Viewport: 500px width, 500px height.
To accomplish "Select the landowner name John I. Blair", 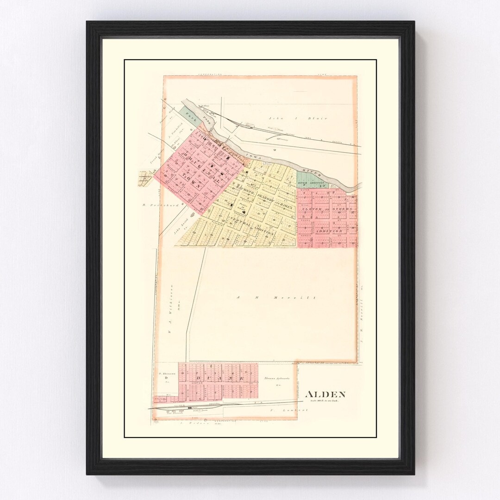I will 311,119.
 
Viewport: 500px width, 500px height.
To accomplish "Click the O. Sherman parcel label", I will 165,374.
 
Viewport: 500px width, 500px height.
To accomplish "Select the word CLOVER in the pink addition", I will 311,209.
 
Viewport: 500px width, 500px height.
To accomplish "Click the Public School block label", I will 242,206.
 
